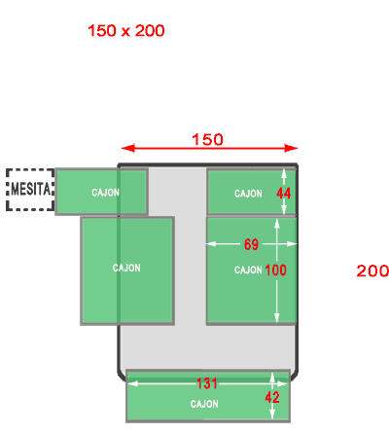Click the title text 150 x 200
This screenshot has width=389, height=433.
[126, 31]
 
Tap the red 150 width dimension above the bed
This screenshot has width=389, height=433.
[207, 140]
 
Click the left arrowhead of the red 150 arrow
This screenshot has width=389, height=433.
[127, 148]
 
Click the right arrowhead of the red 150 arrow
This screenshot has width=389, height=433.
[291, 148]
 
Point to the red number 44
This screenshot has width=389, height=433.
[284, 194]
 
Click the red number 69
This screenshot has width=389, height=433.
[251, 244]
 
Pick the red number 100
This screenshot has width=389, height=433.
[275, 271]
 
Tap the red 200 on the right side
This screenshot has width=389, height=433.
[372, 271]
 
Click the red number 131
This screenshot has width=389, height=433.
[207, 383]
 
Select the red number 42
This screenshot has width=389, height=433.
[272, 397]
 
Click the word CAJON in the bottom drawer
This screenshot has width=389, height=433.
[204, 404]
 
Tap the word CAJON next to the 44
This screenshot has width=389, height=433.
[248, 194]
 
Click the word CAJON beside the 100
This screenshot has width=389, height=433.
[248, 270]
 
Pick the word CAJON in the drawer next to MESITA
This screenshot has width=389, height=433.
[106, 193]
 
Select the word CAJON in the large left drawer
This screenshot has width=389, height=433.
[126, 268]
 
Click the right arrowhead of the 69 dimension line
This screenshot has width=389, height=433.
[292, 243]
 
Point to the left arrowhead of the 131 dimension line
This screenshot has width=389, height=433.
[132, 383]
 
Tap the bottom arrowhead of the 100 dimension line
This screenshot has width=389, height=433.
[277, 318]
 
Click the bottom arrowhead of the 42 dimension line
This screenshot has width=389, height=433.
[272, 414]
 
